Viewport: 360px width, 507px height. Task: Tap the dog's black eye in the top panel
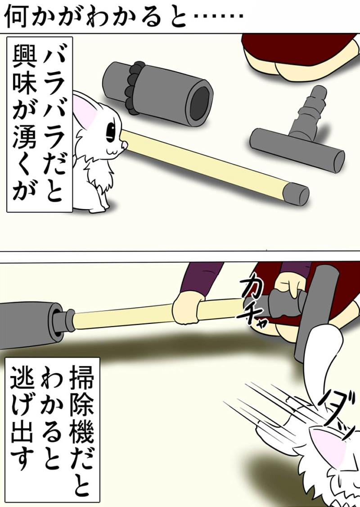click(x=109, y=130)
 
